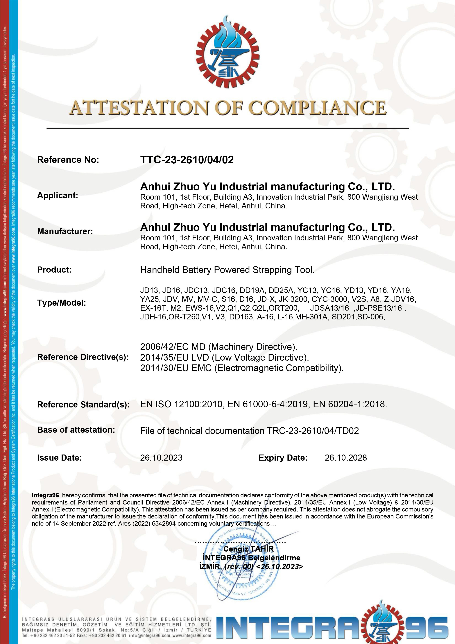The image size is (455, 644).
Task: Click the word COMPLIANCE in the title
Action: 318,108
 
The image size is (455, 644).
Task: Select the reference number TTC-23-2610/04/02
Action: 187,160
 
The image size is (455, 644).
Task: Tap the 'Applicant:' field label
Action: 58,196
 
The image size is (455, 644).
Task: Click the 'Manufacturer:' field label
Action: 65,231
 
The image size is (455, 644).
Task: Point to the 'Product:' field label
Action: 54,270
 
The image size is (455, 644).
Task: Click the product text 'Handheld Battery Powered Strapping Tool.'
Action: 227,270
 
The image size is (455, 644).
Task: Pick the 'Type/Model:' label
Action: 61,303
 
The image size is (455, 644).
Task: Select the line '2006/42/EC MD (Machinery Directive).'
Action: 218,347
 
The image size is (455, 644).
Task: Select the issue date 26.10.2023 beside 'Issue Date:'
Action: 161,458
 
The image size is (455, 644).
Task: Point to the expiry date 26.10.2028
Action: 346,458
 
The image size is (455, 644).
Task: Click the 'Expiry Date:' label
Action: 283,458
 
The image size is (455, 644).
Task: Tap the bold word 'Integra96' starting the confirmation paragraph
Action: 45,495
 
